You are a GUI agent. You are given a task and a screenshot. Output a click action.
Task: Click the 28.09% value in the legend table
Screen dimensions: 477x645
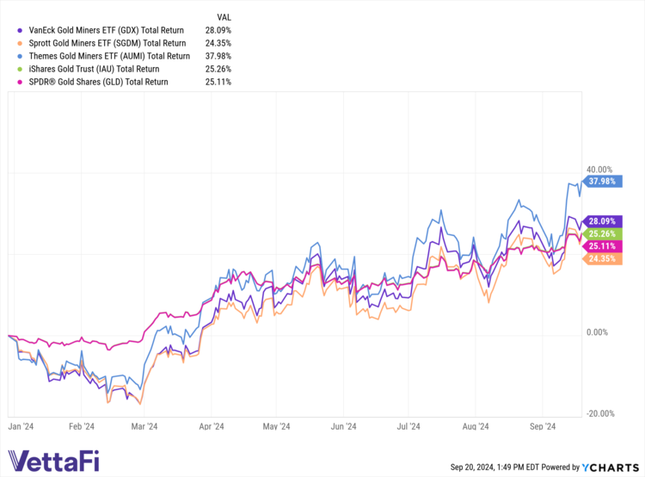219,29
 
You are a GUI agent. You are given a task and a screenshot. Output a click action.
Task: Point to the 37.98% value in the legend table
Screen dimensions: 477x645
219,55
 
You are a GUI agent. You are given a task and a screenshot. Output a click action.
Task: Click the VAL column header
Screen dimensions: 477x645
224,16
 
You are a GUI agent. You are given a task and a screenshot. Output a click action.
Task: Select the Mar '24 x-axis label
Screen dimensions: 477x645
144,426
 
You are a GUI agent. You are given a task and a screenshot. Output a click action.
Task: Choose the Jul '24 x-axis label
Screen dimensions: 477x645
408,426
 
